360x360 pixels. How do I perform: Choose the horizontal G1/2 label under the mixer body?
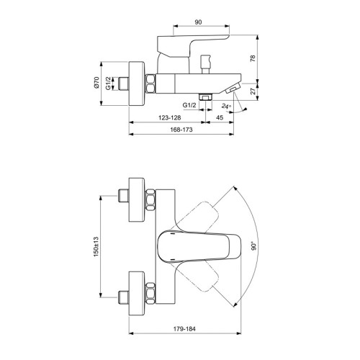(x=190, y=105)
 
